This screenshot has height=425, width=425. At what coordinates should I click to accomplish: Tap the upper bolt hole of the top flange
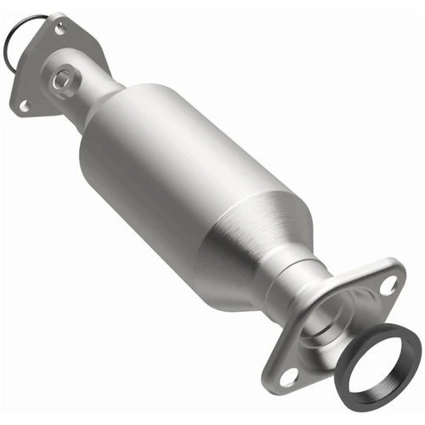pos(59,30)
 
